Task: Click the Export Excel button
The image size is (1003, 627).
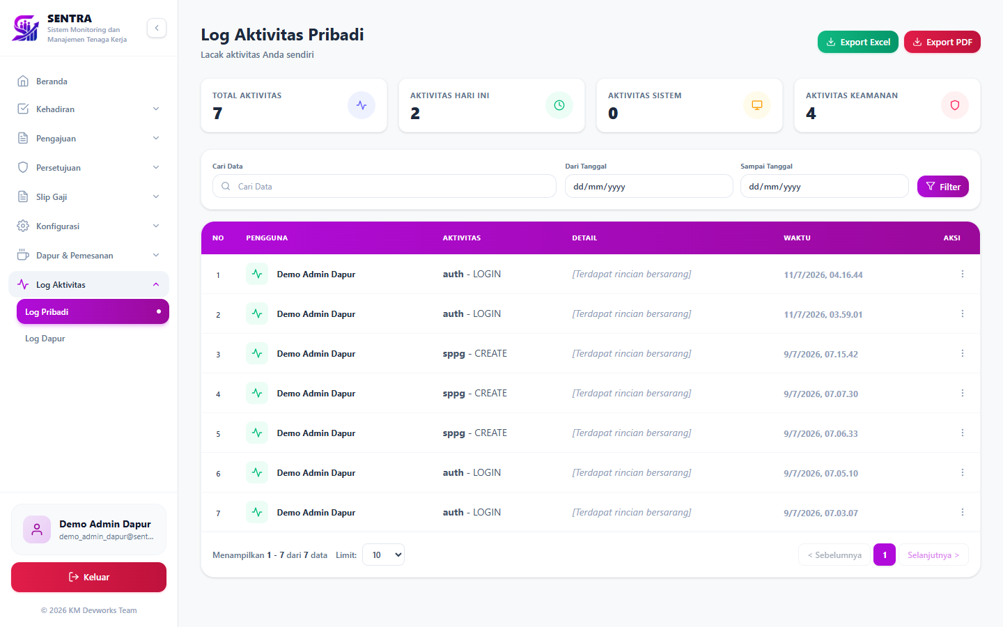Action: (x=857, y=42)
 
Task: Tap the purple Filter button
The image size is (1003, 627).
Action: (x=942, y=187)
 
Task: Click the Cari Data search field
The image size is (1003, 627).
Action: (x=384, y=186)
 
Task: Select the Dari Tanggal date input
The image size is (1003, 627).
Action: (x=649, y=186)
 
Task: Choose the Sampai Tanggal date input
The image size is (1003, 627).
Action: (x=825, y=186)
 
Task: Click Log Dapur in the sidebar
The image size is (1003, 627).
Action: (x=45, y=339)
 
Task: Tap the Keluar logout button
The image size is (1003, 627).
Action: (x=88, y=577)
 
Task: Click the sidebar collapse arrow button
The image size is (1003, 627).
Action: (x=157, y=28)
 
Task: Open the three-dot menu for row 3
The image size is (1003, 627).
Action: (x=963, y=353)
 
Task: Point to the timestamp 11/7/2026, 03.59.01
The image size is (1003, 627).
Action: (x=823, y=314)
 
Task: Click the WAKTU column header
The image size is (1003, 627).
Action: (x=797, y=238)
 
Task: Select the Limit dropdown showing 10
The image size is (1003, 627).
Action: (x=383, y=555)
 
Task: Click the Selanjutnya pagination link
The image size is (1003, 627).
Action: (x=933, y=555)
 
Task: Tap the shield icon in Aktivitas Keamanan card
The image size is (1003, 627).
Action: (x=955, y=105)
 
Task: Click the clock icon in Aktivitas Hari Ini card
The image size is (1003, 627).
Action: (x=559, y=105)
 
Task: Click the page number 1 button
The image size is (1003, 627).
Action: (x=885, y=555)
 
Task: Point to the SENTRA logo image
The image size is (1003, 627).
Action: (x=26, y=28)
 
